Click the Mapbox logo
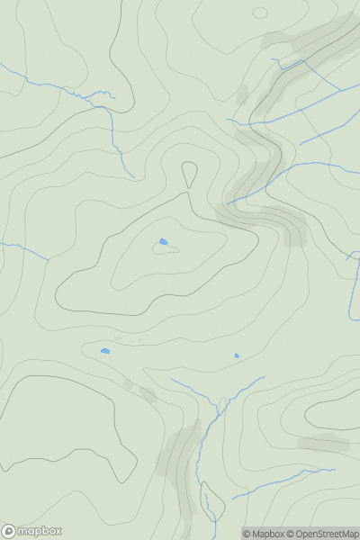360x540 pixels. [32, 531]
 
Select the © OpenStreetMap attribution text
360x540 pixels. [325, 534]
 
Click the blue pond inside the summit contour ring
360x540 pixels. [163, 241]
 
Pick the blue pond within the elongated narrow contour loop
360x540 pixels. [105, 351]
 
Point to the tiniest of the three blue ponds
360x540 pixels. [237, 355]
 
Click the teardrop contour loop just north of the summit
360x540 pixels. [189, 173]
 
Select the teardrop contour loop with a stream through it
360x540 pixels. [212, 502]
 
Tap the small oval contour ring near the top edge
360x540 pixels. [260, 13]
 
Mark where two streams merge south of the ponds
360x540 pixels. [217, 416]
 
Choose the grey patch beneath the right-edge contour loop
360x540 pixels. [324, 442]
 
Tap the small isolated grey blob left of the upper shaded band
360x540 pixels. [242, 93]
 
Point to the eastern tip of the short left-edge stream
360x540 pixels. [48, 260]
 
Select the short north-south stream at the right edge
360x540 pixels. [355, 288]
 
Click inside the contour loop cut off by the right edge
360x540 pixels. [337, 414]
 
